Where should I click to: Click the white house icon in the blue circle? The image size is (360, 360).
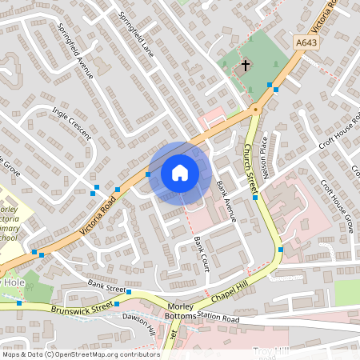point(180,172)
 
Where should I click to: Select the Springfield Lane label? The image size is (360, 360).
point(136,31)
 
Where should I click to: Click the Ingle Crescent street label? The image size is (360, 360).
point(72,126)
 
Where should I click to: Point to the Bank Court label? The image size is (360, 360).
point(201,254)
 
